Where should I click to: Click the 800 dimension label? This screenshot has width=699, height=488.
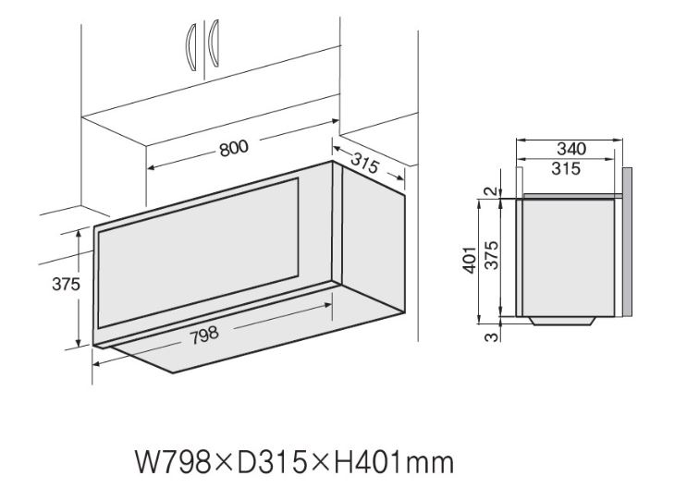coord(234,147)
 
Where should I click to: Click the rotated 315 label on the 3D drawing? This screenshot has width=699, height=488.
coord(365,165)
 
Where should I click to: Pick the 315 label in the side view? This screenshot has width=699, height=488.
coord(565,169)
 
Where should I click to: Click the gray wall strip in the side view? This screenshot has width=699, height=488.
coord(628,245)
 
